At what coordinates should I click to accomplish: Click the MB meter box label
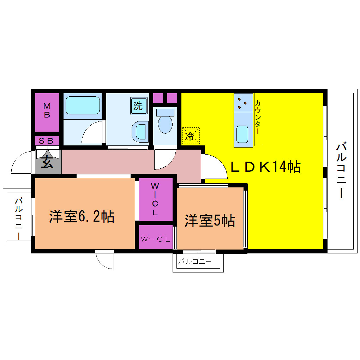point(47,110)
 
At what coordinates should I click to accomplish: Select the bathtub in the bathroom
point(83,106)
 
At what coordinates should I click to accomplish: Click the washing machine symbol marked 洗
point(139,106)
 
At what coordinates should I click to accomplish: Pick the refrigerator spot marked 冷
point(191,136)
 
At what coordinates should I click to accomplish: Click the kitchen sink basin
point(242,134)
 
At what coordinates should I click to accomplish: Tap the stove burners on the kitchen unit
point(242,103)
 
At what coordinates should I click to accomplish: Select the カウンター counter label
point(258,117)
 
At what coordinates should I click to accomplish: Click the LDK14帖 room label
point(266,167)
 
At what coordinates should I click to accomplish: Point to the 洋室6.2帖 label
point(82,216)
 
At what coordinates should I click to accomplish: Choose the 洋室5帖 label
point(210,221)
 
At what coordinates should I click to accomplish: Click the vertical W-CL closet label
point(155,199)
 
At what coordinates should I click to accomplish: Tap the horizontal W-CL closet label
point(155,239)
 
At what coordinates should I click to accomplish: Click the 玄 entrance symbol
point(47,162)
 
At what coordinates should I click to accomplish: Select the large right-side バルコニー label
point(341,170)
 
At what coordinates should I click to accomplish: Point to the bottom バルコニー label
point(195,261)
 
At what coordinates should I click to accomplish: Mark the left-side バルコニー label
point(19,218)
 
